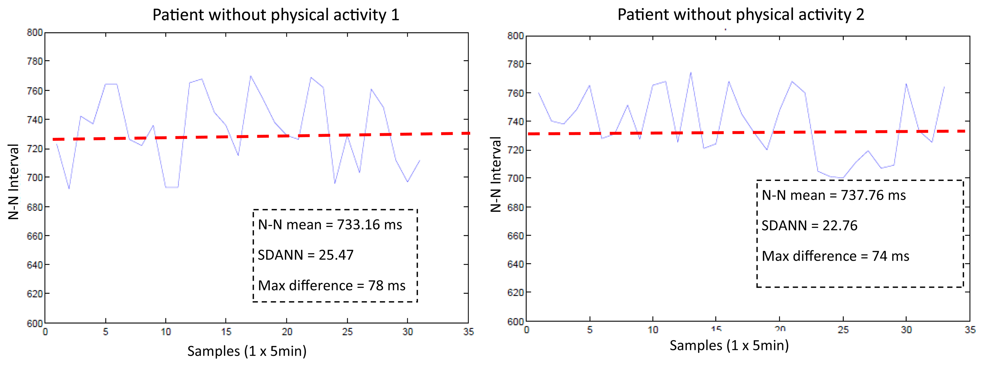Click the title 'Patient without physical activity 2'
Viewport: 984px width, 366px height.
point(741,15)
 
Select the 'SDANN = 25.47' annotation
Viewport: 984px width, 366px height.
point(306,255)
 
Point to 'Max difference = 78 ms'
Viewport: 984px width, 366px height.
point(332,285)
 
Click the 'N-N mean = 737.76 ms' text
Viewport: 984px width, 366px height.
point(834,195)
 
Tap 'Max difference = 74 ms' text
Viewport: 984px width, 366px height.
point(835,256)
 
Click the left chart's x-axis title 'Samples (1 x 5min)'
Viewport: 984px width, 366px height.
point(247,351)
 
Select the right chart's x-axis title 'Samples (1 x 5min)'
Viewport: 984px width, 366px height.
point(729,345)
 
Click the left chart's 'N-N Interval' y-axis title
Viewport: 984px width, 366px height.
point(14,182)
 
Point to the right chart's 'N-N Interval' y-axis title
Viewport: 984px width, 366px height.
point(495,174)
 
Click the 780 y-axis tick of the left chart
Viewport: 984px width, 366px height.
point(35,61)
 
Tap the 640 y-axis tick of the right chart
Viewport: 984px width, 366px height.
point(515,264)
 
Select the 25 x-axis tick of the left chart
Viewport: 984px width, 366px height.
point(347,332)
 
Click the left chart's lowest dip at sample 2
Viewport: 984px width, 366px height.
point(69,189)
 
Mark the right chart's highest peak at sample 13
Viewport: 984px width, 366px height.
point(691,72)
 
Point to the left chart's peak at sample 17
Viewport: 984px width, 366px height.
point(250,76)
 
